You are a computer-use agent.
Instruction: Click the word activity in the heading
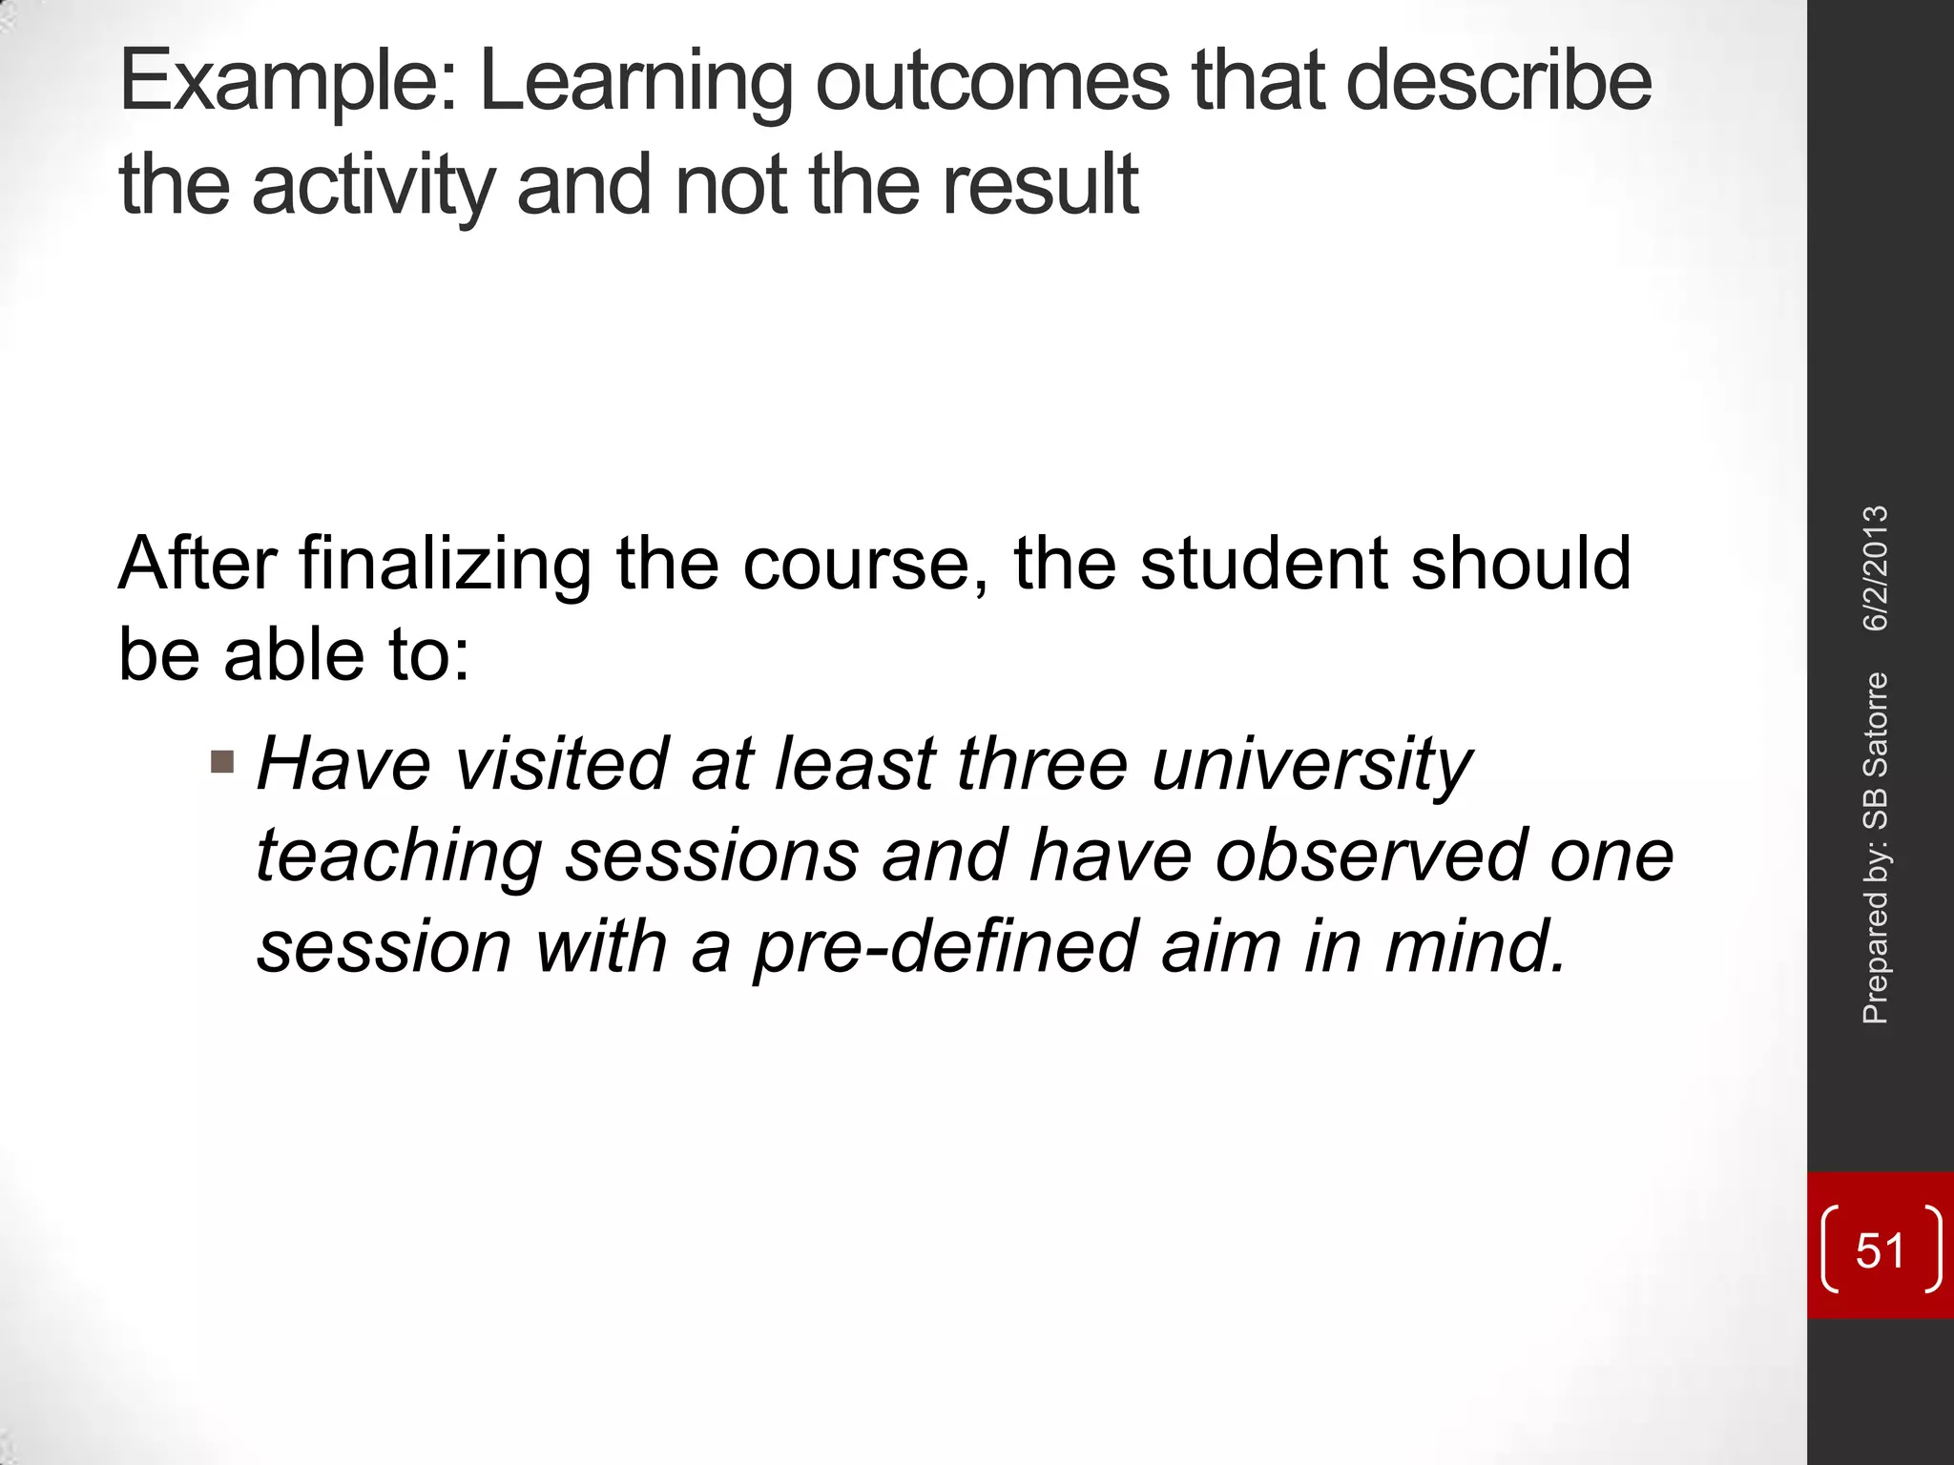tap(373, 186)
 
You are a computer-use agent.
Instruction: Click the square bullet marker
tap(222, 761)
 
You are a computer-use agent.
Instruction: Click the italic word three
tap(1043, 764)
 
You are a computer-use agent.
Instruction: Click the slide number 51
tap(1880, 1250)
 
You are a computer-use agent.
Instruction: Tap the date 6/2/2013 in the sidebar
tap(1876, 568)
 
